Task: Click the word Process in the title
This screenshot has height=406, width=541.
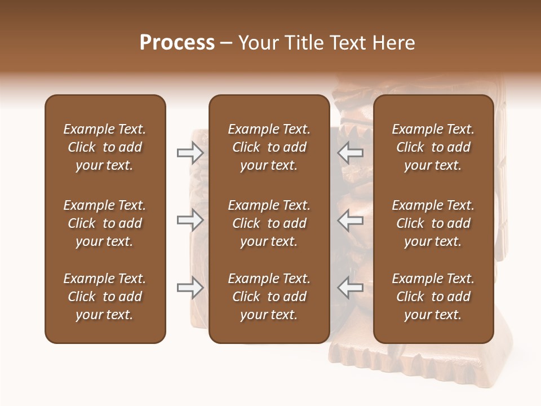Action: [177, 43]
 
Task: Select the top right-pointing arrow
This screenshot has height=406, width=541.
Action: [190, 152]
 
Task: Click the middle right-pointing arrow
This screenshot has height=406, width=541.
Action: [190, 220]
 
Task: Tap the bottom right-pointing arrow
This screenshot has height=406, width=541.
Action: [190, 288]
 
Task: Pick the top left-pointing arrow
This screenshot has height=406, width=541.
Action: [351, 152]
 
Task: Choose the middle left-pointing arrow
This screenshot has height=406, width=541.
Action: [351, 220]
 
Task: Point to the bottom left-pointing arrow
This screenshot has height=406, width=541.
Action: [351, 288]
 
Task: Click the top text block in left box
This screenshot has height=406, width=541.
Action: [105, 147]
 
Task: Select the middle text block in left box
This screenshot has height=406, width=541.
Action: [105, 223]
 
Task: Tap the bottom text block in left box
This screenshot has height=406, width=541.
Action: [105, 297]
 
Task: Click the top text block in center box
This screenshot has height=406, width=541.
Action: [269, 147]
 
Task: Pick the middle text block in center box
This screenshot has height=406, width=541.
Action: [269, 223]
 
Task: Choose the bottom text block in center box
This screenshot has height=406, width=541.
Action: [269, 297]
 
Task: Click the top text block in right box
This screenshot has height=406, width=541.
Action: [433, 147]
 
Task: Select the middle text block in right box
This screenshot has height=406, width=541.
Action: [433, 223]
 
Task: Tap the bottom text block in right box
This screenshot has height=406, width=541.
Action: [433, 297]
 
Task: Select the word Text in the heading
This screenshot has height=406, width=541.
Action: [347, 43]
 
